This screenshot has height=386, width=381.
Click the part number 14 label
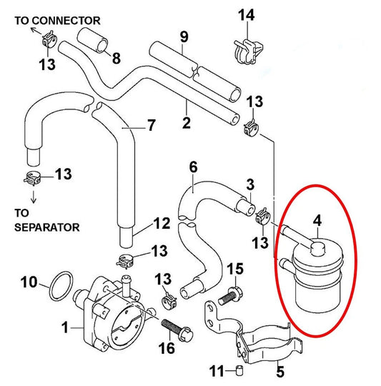246,15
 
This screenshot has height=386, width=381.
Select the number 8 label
116,56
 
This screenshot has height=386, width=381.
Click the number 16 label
166,348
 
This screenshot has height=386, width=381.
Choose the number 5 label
279,371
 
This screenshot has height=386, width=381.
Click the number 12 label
162,224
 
